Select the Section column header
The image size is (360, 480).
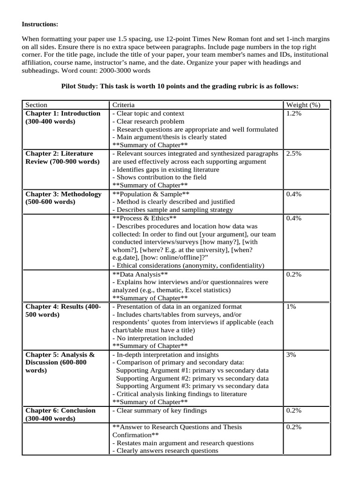36,105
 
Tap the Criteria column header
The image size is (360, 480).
123,105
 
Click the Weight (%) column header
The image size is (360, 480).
303,105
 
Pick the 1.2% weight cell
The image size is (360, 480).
294,113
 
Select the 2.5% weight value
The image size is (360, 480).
294,154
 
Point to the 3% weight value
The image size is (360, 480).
291,355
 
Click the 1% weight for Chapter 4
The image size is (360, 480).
291,307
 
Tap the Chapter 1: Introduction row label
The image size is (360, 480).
63,113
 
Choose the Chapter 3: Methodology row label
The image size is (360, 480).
63,194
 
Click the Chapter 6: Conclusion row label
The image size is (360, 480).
60,411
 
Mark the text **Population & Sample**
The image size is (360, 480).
151,194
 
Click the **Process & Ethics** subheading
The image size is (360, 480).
144,218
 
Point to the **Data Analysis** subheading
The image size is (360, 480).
140,274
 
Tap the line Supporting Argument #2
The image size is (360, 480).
192,378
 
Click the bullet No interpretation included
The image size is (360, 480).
152,338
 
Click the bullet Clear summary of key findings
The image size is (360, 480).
159,411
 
